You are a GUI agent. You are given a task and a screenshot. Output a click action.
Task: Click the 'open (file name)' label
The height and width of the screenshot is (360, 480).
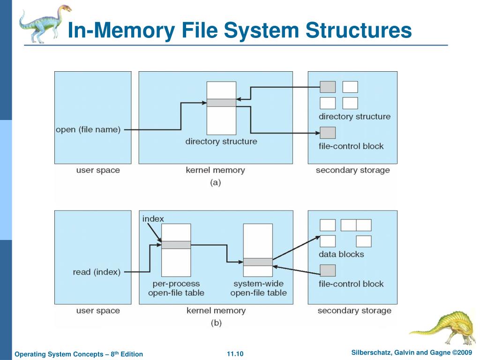pos(88,130)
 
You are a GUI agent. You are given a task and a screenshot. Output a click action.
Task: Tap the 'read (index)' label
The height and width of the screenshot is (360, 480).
pos(97,272)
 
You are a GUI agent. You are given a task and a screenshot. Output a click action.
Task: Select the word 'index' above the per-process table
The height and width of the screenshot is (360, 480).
pos(153,219)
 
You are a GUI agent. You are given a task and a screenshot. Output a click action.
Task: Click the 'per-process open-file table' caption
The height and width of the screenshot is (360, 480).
pos(176,288)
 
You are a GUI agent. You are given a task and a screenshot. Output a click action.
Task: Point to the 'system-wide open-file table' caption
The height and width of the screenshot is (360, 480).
pos(259,288)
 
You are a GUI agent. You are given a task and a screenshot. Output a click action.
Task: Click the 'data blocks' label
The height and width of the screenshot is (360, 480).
pos(341,255)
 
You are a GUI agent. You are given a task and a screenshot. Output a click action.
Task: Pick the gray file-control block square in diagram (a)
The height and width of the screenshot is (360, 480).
pos(328,133)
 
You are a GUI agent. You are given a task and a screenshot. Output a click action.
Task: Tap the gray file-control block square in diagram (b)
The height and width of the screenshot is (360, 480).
pos(328,270)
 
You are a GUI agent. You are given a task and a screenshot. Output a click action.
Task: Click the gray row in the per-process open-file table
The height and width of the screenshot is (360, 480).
pos(176,245)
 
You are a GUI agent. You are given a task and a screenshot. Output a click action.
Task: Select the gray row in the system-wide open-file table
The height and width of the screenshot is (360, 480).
pos(258,262)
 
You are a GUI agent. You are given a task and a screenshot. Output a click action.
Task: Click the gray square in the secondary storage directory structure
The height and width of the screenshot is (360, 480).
pos(328,87)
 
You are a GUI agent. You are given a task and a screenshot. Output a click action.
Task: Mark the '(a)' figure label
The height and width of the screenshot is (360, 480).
pos(216,183)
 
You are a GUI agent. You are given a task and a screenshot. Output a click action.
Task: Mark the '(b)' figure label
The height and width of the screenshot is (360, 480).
pos(216,323)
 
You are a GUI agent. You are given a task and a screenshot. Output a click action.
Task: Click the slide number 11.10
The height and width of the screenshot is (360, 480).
pos(235,354)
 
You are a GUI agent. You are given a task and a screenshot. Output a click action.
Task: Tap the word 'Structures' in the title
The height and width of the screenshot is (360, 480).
pos(359,30)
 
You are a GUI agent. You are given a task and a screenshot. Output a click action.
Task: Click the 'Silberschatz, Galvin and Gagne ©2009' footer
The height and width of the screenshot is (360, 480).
pos(412,352)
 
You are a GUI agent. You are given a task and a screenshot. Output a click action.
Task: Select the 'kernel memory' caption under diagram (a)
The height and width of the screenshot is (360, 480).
pos(216,170)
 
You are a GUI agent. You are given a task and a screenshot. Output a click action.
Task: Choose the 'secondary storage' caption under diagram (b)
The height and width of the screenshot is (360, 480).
pos(354,311)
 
